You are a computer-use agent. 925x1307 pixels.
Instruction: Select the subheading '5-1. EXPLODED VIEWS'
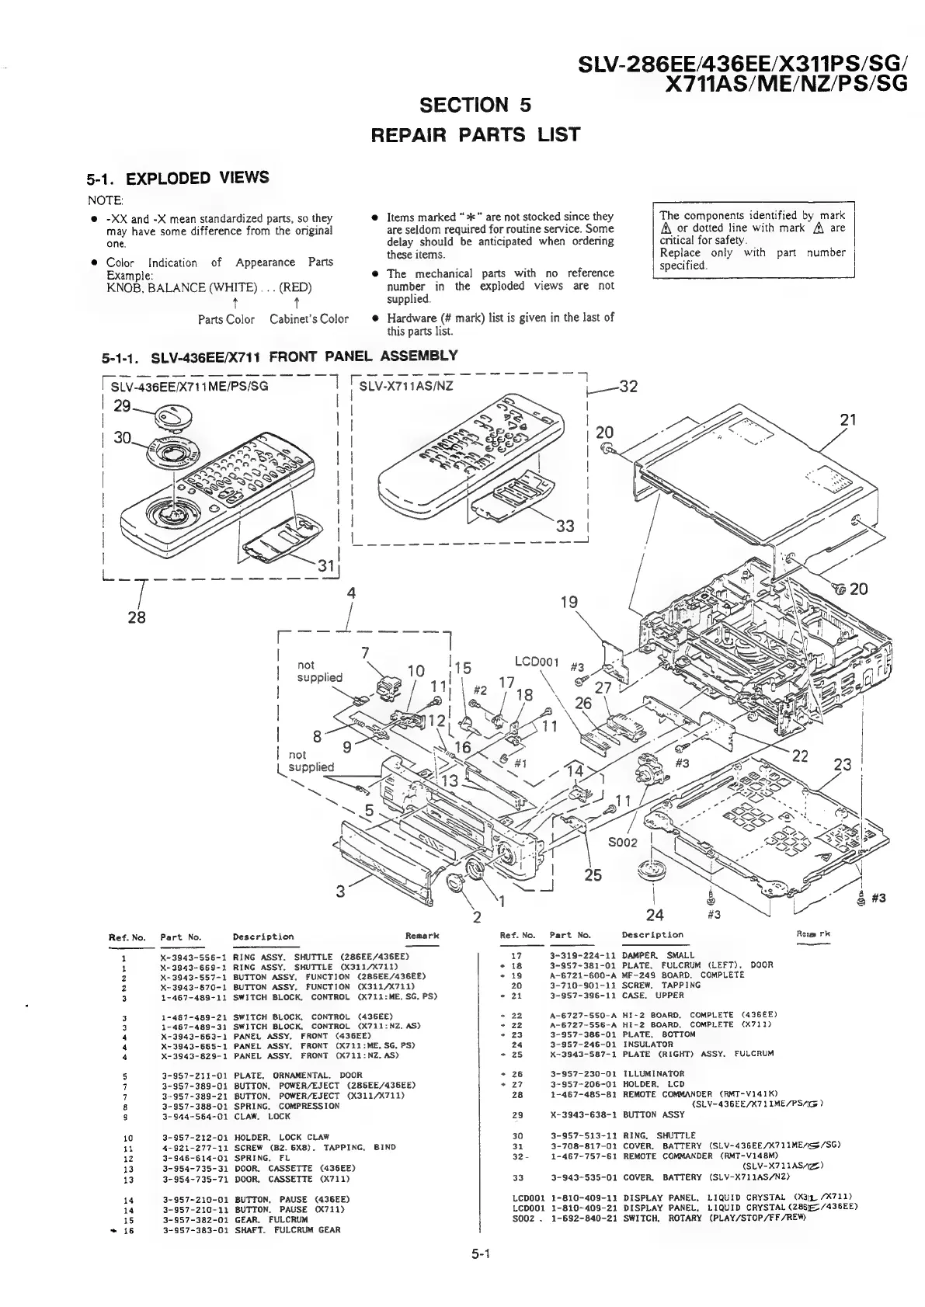[178, 179]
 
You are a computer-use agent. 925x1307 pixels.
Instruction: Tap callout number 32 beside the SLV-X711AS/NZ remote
[627, 387]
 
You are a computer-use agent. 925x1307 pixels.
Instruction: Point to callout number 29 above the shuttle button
[123, 405]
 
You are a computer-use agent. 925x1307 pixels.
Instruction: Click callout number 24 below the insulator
[655, 913]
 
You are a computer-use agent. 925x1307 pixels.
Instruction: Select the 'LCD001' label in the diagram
[537, 662]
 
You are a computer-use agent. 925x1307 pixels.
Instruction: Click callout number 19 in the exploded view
[569, 602]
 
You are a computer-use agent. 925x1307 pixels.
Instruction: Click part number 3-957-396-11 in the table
[581, 995]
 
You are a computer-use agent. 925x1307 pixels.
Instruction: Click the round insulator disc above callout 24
[652, 869]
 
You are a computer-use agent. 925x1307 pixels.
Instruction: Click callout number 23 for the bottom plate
[842, 764]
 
